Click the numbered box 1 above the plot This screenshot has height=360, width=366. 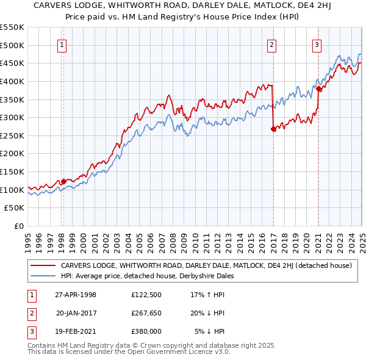point(63,44)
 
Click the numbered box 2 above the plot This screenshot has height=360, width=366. point(271,44)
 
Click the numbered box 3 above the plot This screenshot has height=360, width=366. point(317,44)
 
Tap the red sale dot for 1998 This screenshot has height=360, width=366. point(63,181)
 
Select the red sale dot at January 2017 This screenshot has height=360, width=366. point(273,129)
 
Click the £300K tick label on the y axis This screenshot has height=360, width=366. point(12,117)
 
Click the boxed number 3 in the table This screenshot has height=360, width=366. point(30,331)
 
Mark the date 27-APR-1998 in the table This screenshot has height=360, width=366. point(76,295)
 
